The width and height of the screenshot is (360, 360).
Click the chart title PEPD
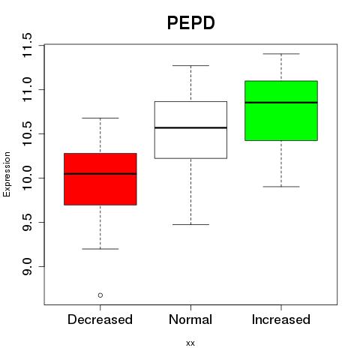(190, 22)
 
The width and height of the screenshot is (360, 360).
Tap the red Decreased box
(100, 179)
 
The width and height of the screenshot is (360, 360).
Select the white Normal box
(190, 130)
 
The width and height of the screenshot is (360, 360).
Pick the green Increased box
(281, 110)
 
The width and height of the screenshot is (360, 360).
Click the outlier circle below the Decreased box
(100, 295)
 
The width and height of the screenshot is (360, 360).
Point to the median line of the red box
(100, 174)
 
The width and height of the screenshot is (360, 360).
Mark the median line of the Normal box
(190, 127)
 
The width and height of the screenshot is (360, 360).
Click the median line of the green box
(281, 103)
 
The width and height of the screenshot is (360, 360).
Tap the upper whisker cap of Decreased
(100, 118)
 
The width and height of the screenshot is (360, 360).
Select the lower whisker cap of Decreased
(100, 249)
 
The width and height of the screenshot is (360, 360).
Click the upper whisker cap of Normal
(190, 65)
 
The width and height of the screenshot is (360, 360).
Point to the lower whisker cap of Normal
(190, 224)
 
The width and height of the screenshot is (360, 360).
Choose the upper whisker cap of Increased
(281, 54)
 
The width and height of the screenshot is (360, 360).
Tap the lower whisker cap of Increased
(281, 187)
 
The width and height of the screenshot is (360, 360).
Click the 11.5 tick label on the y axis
(27, 45)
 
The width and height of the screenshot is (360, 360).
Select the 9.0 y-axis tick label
(27, 266)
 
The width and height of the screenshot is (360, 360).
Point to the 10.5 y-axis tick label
(27, 133)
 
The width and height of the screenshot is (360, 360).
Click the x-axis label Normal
(190, 319)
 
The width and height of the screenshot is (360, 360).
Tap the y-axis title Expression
(7, 174)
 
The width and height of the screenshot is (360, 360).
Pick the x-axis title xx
(190, 343)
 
